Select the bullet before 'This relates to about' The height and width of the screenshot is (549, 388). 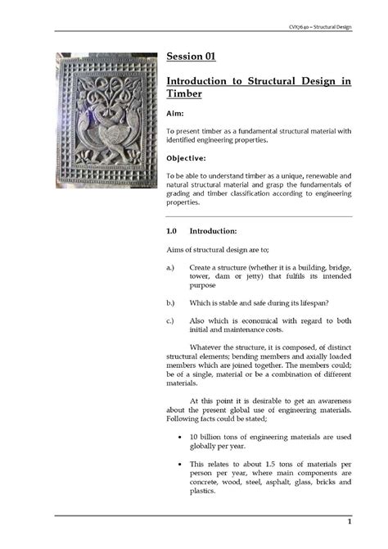[179, 464]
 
